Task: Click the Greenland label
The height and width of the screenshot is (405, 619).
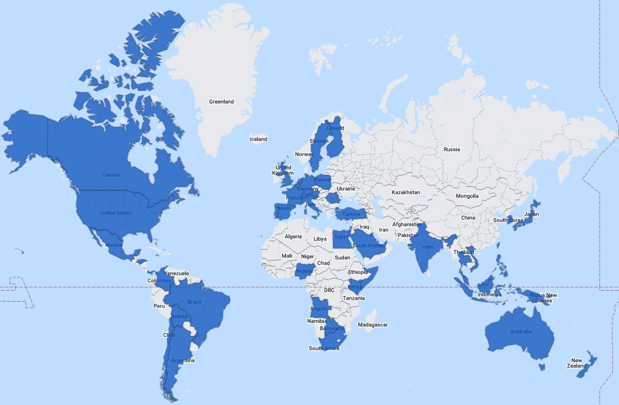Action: pyautogui.click(x=221, y=102)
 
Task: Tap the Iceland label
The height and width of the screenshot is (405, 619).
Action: pyautogui.click(x=258, y=139)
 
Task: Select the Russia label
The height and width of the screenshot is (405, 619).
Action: pyautogui.click(x=452, y=149)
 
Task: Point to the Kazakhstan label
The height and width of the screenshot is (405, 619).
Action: pyautogui.click(x=405, y=192)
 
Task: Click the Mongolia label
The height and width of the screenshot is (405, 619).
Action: pyautogui.click(x=467, y=196)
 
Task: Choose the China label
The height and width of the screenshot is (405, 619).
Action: pyautogui.click(x=468, y=218)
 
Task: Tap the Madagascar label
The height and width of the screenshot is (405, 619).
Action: pyautogui.click(x=372, y=325)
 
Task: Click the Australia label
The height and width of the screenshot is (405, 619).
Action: pyautogui.click(x=520, y=331)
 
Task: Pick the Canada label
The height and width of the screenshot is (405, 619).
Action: pyautogui.click(x=111, y=175)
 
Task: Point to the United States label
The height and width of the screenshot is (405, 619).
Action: pyautogui.click(x=115, y=213)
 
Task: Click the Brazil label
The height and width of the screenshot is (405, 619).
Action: pyautogui.click(x=194, y=302)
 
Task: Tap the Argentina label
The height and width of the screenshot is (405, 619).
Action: pyautogui.click(x=182, y=361)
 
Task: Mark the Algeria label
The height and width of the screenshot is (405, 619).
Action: pyautogui.click(x=293, y=236)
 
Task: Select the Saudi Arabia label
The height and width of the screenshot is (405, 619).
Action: pyautogui.click(x=368, y=245)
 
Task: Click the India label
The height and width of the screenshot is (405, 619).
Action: pyautogui.click(x=427, y=247)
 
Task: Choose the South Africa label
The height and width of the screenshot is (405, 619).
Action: pyautogui.click(x=324, y=348)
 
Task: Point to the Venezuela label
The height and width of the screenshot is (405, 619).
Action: pyautogui.click(x=177, y=273)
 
